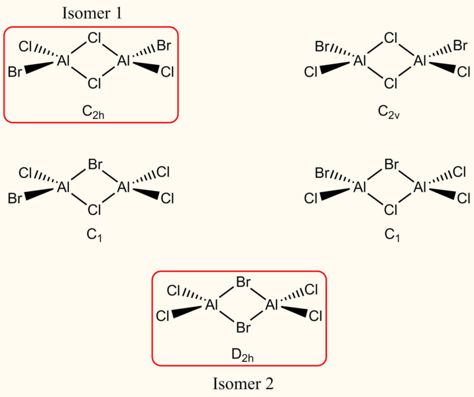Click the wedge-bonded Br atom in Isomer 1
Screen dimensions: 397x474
click(x=16, y=71)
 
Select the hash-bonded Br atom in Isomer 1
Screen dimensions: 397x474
click(x=165, y=46)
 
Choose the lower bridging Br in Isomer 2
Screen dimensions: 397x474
click(x=243, y=327)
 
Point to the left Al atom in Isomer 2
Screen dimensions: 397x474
click(x=213, y=305)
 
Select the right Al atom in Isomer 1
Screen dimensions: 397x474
click(x=125, y=60)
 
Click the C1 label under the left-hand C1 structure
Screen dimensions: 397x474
click(x=93, y=235)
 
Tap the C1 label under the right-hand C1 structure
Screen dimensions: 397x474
click(x=390, y=235)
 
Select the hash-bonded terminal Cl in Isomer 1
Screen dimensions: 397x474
click(x=26, y=46)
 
